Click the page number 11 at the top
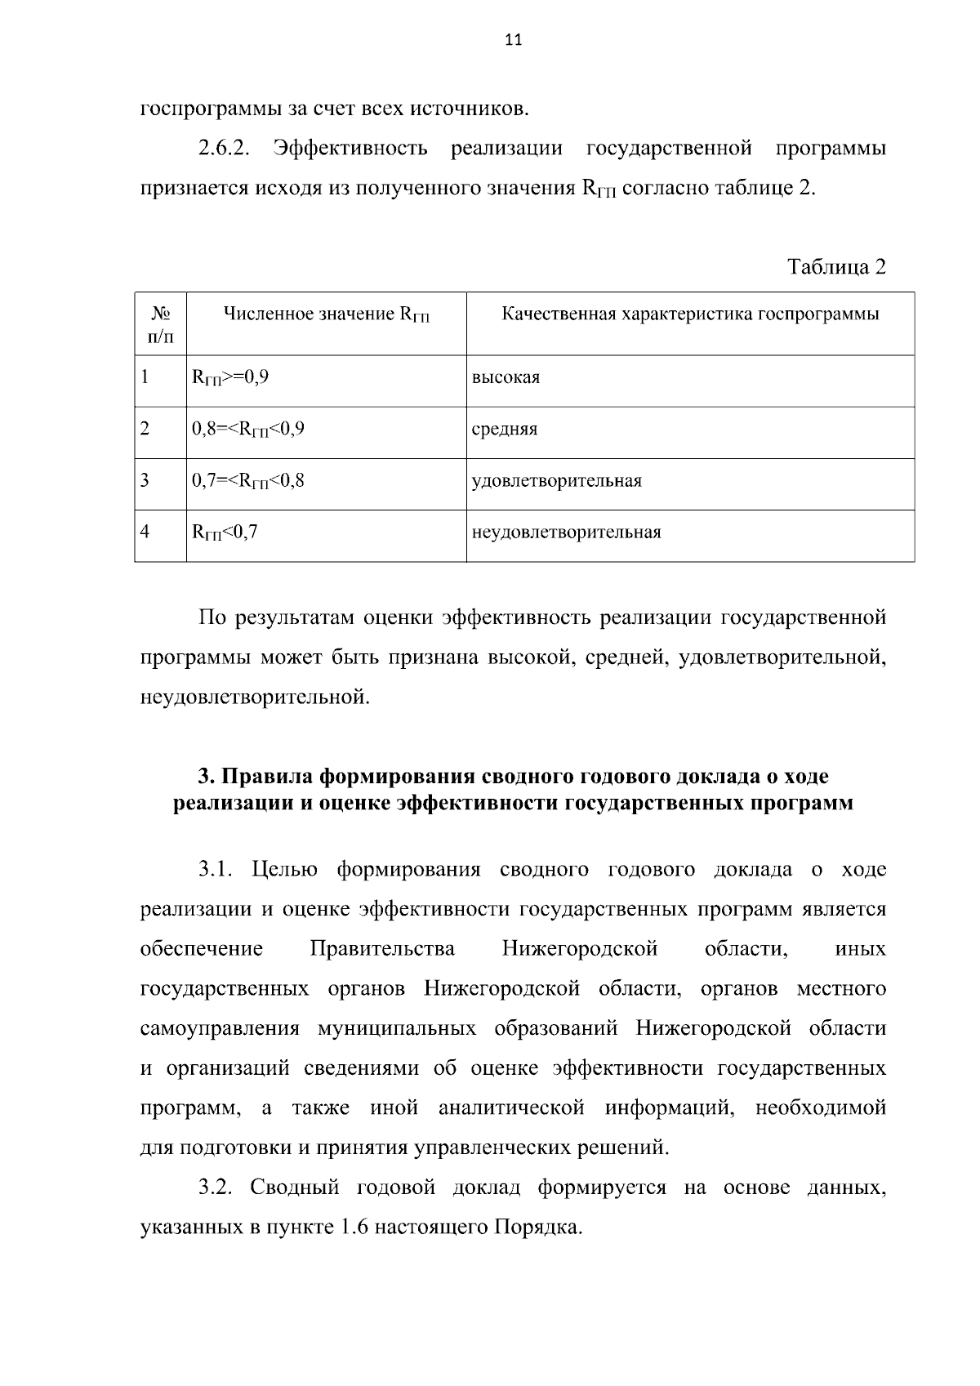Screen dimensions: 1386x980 coord(512,40)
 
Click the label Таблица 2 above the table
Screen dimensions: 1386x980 coord(835,267)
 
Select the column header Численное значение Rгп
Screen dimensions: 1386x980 coord(326,314)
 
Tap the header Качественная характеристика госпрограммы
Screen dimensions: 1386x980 coord(689,314)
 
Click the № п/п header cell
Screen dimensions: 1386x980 coord(160,324)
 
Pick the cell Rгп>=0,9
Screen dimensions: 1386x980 coord(229,377)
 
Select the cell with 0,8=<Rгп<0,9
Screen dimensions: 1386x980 coord(247,429)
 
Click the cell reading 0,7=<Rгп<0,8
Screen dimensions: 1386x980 coord(247,480)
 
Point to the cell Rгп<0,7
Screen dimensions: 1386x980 coord(224,533)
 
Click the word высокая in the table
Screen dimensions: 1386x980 coord(506,378)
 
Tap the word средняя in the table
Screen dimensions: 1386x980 coord(504,430)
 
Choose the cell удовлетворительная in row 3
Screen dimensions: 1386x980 coord(556,481)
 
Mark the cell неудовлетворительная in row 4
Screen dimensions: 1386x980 coord(566,533)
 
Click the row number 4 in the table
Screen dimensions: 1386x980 coord(145,532)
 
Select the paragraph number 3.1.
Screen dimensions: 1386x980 coord(216,869)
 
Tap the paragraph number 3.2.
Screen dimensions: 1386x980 coord(216,1188)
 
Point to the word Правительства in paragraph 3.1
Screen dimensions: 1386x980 coord(382,949)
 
